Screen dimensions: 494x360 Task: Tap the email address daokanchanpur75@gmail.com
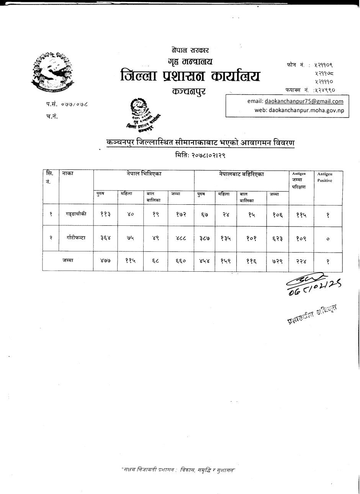(304, 101)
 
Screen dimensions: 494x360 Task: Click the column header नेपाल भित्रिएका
(144, 174)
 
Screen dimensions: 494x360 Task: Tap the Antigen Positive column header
(324, 177)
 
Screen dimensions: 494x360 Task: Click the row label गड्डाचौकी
(76, 214)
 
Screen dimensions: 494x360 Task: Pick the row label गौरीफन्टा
(76, 238)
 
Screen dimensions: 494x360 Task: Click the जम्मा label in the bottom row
(68, 261)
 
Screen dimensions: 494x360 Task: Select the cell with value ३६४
(105, 238)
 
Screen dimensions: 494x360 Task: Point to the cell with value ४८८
(180, 238)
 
